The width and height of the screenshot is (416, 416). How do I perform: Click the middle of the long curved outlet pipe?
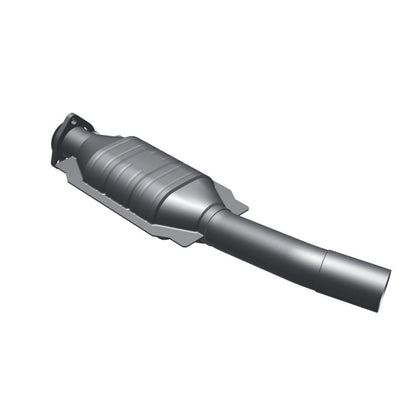point(280,245)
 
